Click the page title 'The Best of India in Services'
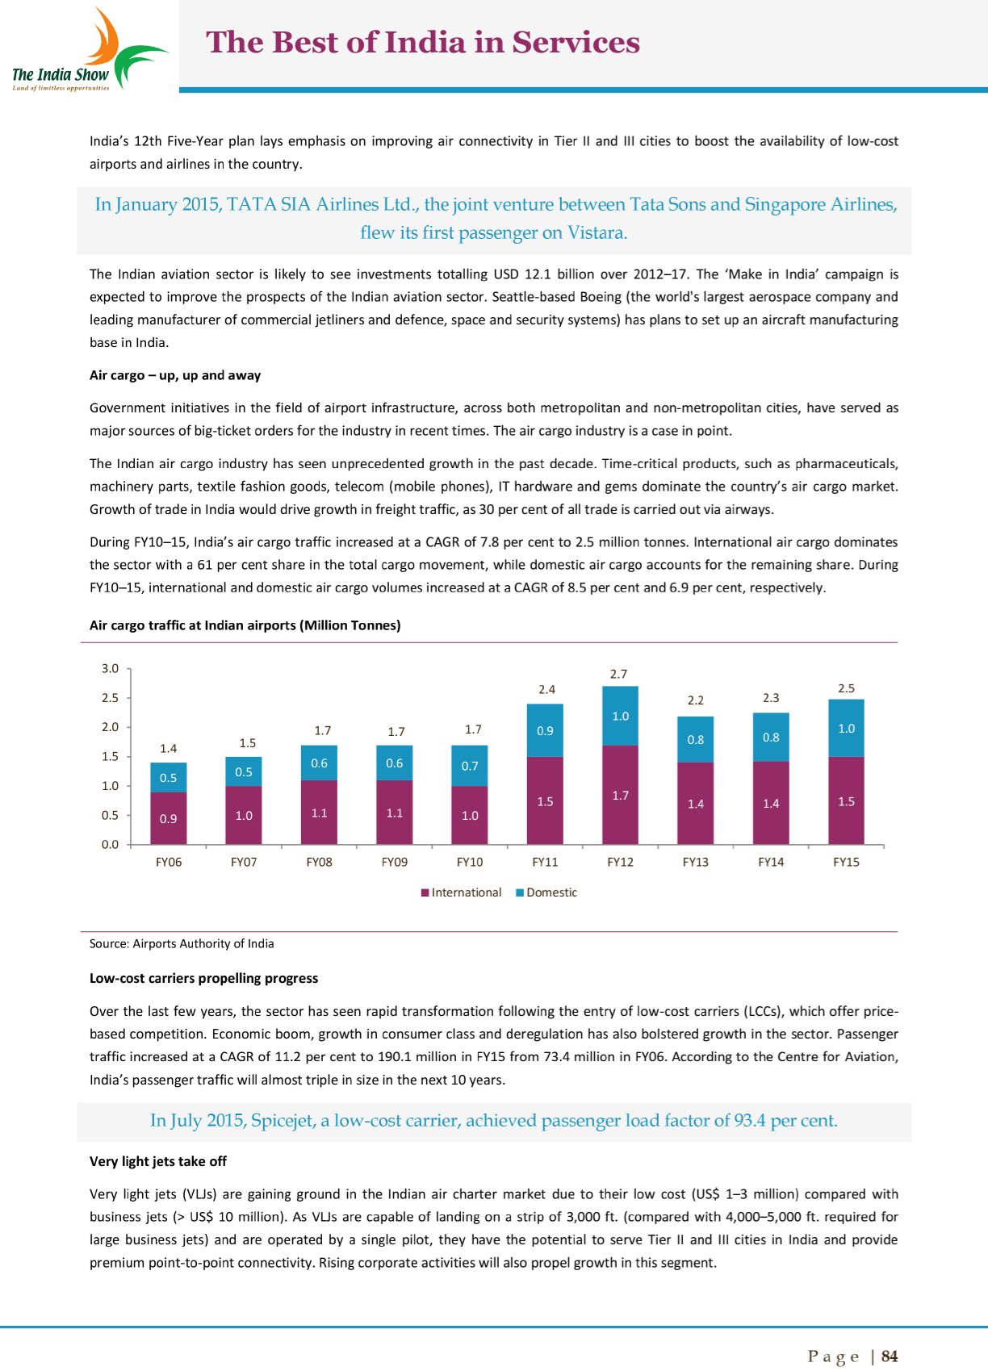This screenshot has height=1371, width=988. [x=423, y=43]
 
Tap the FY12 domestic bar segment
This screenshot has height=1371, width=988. [x=620, y=716]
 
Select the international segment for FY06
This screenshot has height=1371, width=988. [x=168, y=818]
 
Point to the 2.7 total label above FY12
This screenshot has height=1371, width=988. [x=619, y=674]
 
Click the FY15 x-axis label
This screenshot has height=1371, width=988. [x=846, y=862]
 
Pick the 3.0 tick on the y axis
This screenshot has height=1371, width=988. [x=111, y=668]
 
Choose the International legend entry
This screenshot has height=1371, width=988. [x=461, y=892]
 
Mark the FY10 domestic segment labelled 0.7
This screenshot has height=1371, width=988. [x=470, y=766]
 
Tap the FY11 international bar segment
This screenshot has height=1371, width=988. [x=545, y=800]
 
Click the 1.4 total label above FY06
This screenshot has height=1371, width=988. [x=168, y=749]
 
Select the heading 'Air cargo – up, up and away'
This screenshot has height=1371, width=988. [x=175, y=375]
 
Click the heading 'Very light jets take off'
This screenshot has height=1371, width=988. [x=158, y=1161]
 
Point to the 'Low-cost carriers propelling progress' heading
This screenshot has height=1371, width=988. [x=203, y=978]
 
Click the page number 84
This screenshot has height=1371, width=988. [x=890, y=1356]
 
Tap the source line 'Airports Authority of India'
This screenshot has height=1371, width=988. [x=203, y=943]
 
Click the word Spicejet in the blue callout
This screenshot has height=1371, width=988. [x=283, y=1121]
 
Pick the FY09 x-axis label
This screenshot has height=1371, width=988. [x=394, y=862]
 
